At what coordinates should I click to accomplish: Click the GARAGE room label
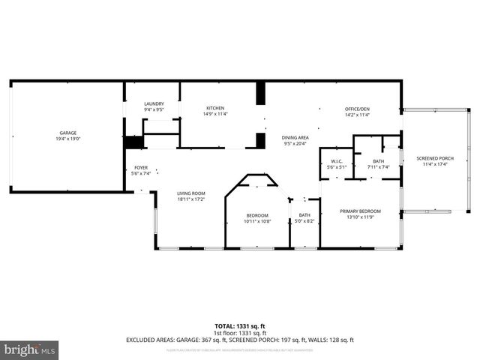(x=67, y=133)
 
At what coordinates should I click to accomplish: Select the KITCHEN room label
(x=216, y=109)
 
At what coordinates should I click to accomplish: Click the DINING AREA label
(x=295, y=137)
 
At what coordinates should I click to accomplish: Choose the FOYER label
(x=141, y=167)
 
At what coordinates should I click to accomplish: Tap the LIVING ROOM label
(x=191, y=193)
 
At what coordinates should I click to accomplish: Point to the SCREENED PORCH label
(x=435, y=158)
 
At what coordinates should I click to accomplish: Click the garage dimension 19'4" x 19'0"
(x=67, y=139)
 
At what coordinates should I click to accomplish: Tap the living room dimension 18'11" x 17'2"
(x=191, y=199)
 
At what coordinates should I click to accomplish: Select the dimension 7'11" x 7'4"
(x=378, y=167)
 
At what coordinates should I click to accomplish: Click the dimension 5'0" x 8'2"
(x=304, y=221)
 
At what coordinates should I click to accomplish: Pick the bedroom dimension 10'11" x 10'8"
(x=256, y=221)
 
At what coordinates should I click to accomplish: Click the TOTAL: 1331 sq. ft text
(x=240, y=325)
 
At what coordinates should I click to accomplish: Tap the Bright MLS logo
(x=29, y=349)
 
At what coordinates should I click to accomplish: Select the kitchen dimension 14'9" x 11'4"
(x=216, y=115)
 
